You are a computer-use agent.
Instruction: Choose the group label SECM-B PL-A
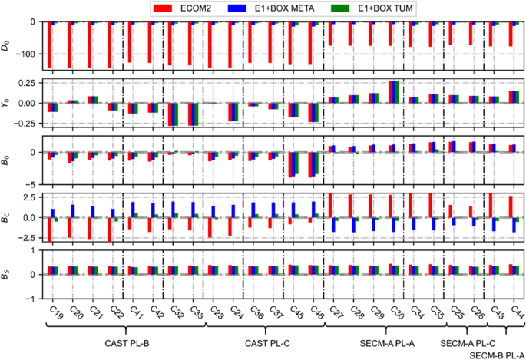pos(496,354)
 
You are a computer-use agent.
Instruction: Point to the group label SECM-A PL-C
pos(468,342)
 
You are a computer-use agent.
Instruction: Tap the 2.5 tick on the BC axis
pos(29,197)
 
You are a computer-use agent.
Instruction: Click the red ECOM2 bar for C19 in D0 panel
pos(48,45)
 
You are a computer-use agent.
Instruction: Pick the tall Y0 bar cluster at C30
pos(394,91)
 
